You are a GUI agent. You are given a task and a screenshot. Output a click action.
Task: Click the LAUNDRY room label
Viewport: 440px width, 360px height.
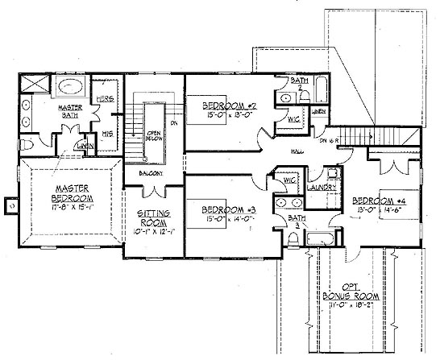tap(322, 187)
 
